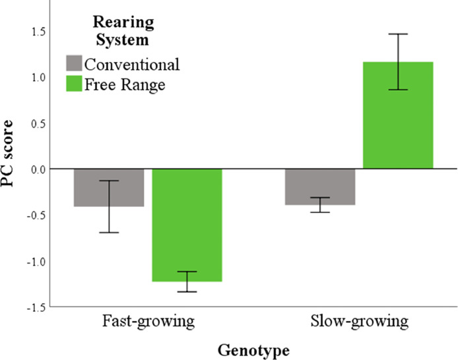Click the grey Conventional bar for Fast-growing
coord(109,188)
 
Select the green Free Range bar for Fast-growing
coord(187,225)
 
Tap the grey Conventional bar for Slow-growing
coord(320,187)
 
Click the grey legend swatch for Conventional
coord(74,65)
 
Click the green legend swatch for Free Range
coord(74,84)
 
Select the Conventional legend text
coord(131,65)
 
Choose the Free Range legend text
coord(123,84)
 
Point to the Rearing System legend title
coord(121,31)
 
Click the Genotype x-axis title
coord(253,350)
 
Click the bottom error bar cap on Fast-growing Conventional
coord(109,233)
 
